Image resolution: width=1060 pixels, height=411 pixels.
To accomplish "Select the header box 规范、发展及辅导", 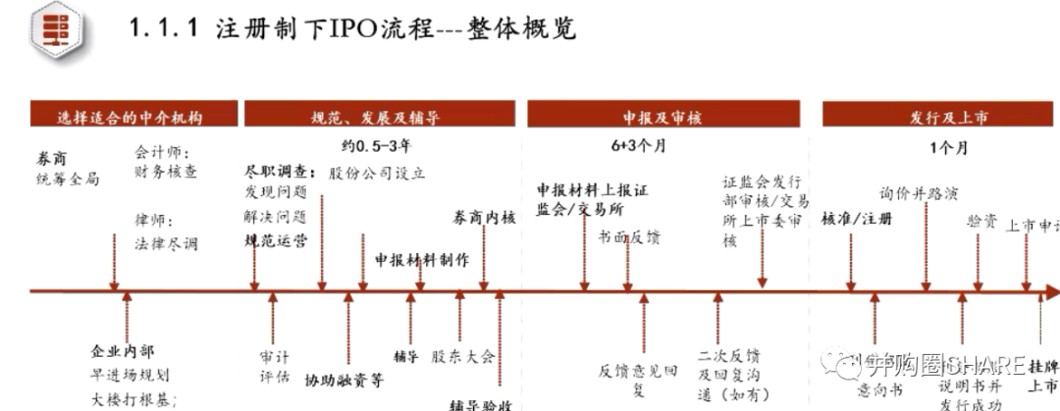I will click(x=382, y=116).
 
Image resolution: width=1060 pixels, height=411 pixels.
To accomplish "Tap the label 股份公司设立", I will click(x=377, y=173).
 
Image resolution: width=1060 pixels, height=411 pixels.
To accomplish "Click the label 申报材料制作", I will click(x=422, y=260).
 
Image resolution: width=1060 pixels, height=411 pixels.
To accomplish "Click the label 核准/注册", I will click(x=857, y=218).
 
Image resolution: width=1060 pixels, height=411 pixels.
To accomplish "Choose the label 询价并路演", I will click(x=918, y=194).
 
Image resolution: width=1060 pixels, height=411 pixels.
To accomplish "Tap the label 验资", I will click(x=981, y=222).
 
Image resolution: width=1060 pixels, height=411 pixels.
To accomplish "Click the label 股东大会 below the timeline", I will click(x=463, y=356).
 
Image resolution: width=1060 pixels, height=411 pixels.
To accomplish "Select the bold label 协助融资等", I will click(x=344, y=379).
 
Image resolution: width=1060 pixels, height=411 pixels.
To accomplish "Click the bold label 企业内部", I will click(x=123, y=351).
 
